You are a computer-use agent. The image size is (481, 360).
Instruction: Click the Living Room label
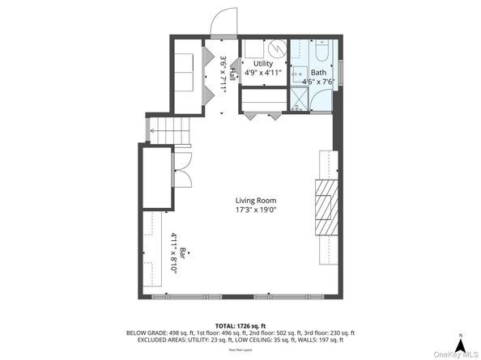point(256,201)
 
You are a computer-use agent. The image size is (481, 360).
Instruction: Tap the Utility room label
point(263,63)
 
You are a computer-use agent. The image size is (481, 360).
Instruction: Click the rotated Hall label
point(232,72)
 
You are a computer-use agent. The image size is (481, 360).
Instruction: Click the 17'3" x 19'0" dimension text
point(256,210)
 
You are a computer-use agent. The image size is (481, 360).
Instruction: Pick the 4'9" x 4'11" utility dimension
point(263,73)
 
